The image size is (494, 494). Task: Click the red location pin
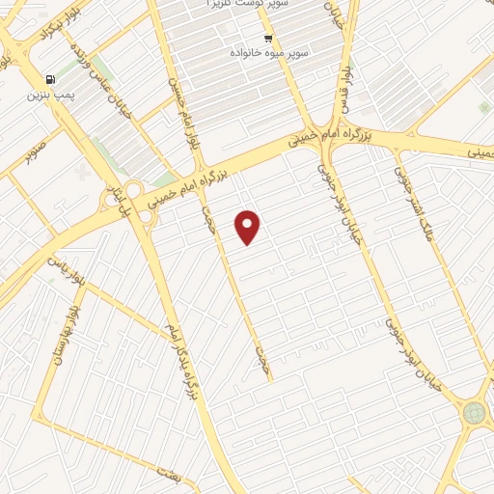point(249,225)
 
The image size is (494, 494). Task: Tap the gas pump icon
point(47,80)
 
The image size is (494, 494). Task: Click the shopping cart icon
point(267,39)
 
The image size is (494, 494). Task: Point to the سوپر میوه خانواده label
point(267,54)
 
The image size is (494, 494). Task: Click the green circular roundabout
point(474,412)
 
